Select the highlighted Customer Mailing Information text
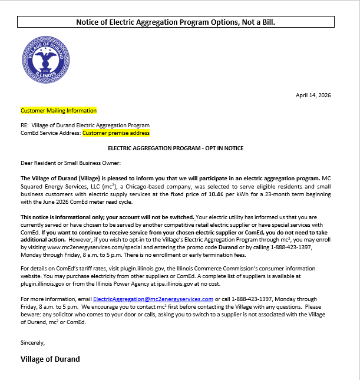pos(58,110)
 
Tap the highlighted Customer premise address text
pos(115,133)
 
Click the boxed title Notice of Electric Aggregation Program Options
pos(176,22)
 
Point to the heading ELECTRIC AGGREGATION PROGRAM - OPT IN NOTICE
pos(176,148)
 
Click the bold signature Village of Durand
pos(50,359)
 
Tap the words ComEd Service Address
pos(50,133)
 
